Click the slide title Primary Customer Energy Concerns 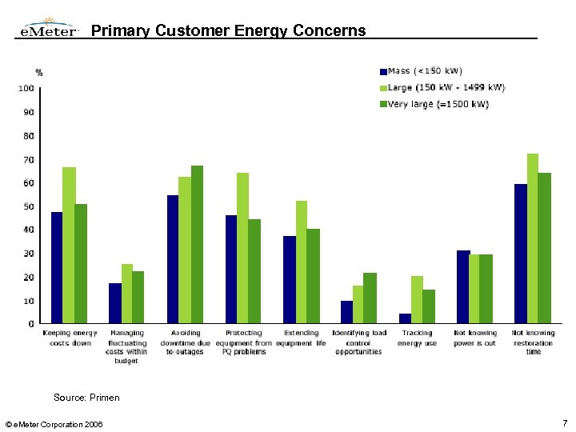[x=228, y=31]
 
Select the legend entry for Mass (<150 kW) [x=424, y=71]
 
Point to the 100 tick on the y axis [x=26, y=88]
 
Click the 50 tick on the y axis [x=28, y=206]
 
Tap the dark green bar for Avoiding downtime [x=197, y=244]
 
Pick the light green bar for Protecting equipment [x=243, y=248]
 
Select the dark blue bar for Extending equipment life [x=290, y=279]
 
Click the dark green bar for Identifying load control [x=370, y=298]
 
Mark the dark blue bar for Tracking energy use [x=405, y=318]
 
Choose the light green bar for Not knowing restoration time [x=533, y=238]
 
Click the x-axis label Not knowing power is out [x=475, y=338]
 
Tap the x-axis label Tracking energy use [x=417, y=338]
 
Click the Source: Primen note [x=86, y=397]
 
